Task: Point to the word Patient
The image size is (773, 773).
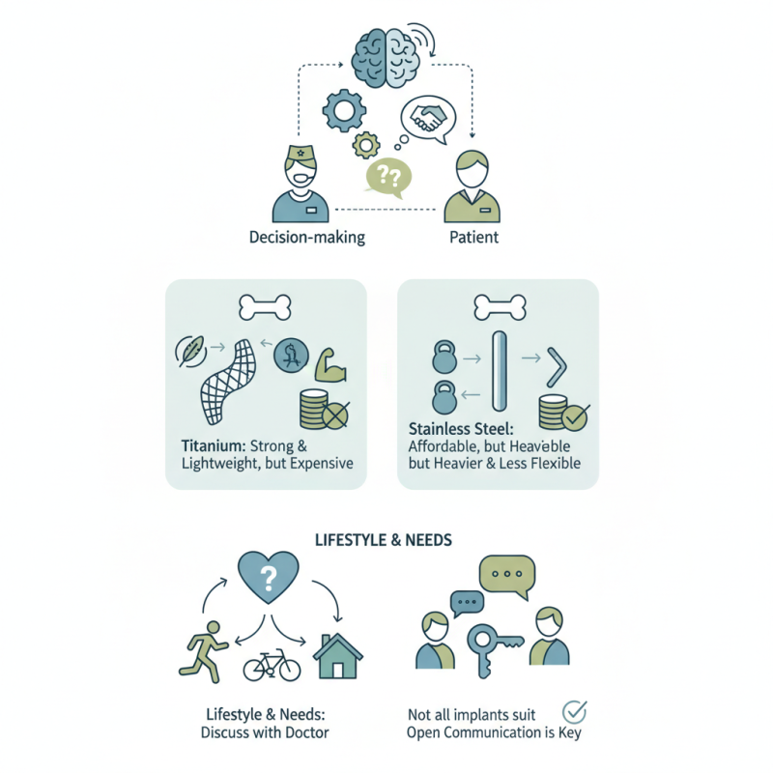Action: [473, 237]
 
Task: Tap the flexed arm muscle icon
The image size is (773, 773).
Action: [331, 363]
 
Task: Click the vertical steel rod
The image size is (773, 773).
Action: [499, 372]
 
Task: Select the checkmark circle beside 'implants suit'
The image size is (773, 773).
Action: [575, 712]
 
